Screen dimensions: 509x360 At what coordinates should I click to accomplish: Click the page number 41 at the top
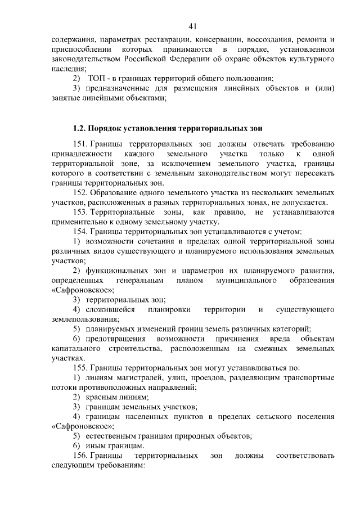point(192,26)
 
